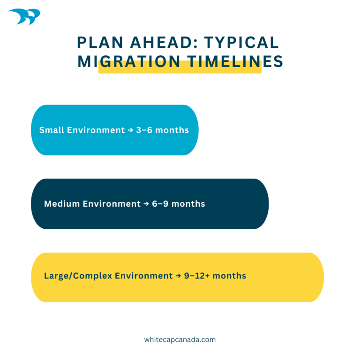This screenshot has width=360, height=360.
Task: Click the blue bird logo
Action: point(24,17)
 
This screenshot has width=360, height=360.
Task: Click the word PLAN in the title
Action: point(96,43)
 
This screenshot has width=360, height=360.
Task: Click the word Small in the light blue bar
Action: point(52,130)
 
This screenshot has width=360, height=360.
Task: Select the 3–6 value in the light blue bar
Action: point(144,130)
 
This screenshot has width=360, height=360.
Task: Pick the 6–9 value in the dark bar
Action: point(160,204)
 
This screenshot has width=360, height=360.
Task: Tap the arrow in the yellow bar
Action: point(178,276)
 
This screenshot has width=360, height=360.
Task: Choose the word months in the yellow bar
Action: point(229,276)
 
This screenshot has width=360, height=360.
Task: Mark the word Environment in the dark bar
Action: point(112,204)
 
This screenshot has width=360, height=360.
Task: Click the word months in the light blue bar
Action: point(172,130)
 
